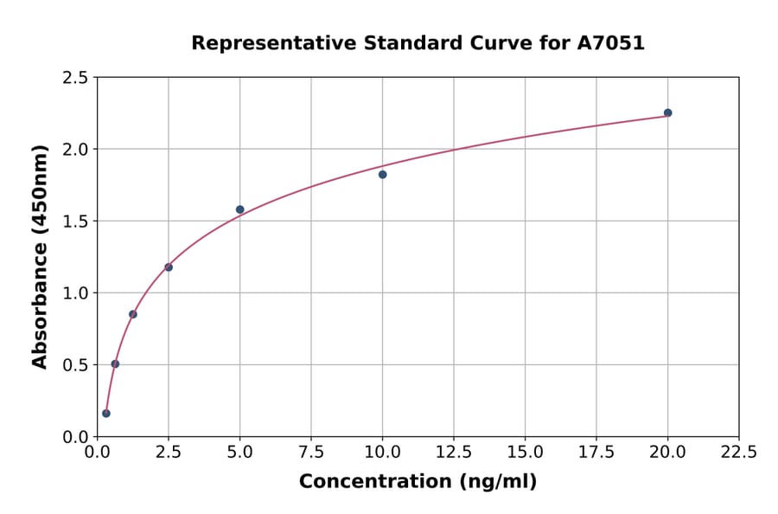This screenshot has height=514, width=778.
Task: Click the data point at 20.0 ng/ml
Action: [667, 112]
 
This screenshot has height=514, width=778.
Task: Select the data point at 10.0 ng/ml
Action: [382, 175]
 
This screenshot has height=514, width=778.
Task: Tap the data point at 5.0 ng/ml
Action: [240, 209]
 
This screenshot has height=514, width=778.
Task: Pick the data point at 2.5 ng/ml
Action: [169, 267]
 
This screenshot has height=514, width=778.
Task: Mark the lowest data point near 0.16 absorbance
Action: [106, 414]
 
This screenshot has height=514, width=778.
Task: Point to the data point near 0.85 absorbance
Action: [133, 314]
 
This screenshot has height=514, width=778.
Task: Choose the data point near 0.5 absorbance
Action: [115, 364]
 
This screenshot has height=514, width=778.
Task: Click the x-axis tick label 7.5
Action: [311, 452]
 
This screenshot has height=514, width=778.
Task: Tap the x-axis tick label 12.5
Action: [454, 452]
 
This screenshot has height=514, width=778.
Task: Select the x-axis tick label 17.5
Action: [596, 452]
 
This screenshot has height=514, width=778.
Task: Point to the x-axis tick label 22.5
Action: [739, 452]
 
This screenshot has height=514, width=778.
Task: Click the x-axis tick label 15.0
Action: [525, 452]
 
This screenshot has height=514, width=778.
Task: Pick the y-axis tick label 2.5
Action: [75, 78]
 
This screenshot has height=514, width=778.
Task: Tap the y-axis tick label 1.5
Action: [75, 222]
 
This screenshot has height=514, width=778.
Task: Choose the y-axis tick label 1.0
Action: [75, 293]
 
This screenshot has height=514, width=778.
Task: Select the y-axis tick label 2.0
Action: [75, 150]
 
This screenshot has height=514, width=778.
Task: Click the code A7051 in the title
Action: [610, 43]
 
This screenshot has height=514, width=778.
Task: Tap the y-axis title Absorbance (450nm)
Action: [40, 256]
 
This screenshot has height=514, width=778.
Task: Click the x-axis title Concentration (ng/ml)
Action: [418, 482]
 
